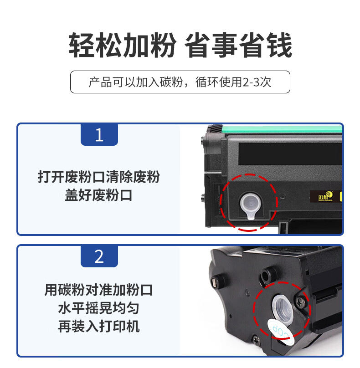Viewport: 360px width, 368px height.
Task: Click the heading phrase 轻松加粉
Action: coord(122,45)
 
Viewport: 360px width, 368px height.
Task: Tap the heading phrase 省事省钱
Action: coord(238,45)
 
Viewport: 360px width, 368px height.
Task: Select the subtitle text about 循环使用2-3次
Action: coord(233,82)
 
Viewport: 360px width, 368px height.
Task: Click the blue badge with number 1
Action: coord(99,135)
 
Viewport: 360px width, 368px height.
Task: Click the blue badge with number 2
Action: coord(99,256)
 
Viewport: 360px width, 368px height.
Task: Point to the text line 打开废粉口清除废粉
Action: coord(99,177)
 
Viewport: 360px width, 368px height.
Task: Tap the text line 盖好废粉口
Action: coord(98,195)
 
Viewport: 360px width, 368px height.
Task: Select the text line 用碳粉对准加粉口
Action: coord(98,290)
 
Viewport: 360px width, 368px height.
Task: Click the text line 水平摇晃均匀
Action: coord(98,308)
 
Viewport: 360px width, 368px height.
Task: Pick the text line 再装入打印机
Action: coord(98,326)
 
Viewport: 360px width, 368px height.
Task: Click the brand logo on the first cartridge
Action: coord(325,196)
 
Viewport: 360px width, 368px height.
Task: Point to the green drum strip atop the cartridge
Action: coord(282,129)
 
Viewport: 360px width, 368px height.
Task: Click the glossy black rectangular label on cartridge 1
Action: coord(290,154)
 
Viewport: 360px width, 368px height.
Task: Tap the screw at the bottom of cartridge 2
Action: coord(256,340)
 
